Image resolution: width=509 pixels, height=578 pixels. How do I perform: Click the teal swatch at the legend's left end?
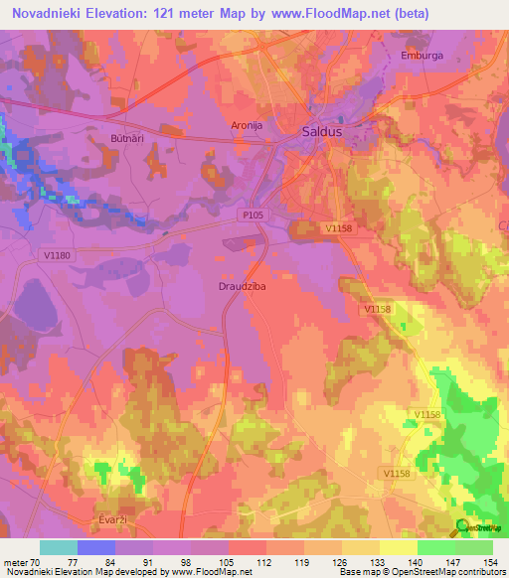(59, 546)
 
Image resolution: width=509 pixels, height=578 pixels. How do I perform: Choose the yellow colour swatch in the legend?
(399, 546)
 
